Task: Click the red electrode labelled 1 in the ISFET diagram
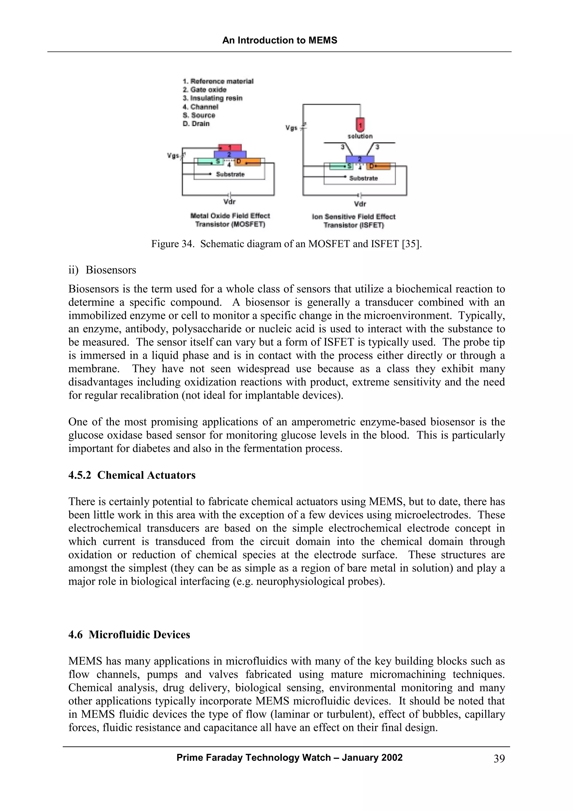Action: point(360,125)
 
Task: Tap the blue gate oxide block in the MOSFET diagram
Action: point(230,154)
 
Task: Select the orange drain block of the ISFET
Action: point(379,166)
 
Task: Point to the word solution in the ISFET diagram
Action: point(360,136)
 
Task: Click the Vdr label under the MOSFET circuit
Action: point(229,202)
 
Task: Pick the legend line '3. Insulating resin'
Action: point(213,98)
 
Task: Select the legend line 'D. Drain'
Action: point(196,124)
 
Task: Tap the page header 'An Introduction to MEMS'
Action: point(280,40)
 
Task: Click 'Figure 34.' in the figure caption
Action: point(173,244)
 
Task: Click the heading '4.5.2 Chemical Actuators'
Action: point(132,475)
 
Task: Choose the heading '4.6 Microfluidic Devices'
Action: point(129,635)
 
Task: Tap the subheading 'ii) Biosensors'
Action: point(102,270)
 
